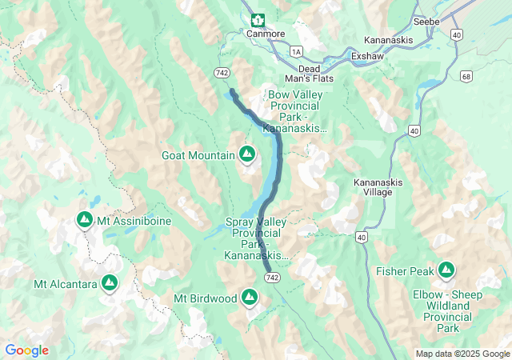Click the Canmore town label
click(x=265, y=34)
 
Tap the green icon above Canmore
click(x=257, y=20)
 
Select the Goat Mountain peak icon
click(x=247, y=153)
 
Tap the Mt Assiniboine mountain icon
click(x=85, y=219)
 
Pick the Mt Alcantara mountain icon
click(x=110, y=283)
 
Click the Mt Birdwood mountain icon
click(x=250, y=298)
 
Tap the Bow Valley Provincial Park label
click(x=299, y=110)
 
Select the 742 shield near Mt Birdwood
click(x=273, y=276)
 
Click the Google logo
click(x=26, y=350)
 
